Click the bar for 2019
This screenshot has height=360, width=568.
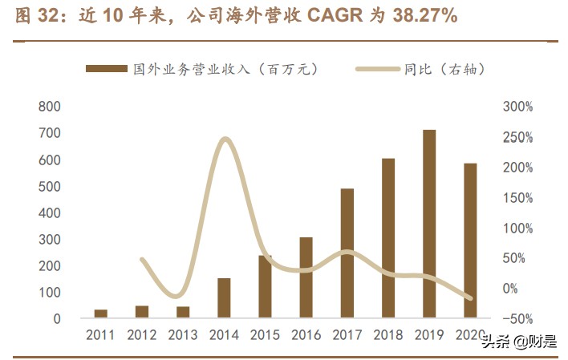(429, 224)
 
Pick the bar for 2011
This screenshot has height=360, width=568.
(101, 313)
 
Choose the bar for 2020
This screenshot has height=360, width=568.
(470, 241)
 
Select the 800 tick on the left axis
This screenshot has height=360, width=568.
(50, 107)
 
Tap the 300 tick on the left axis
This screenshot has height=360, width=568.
(50, 240)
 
